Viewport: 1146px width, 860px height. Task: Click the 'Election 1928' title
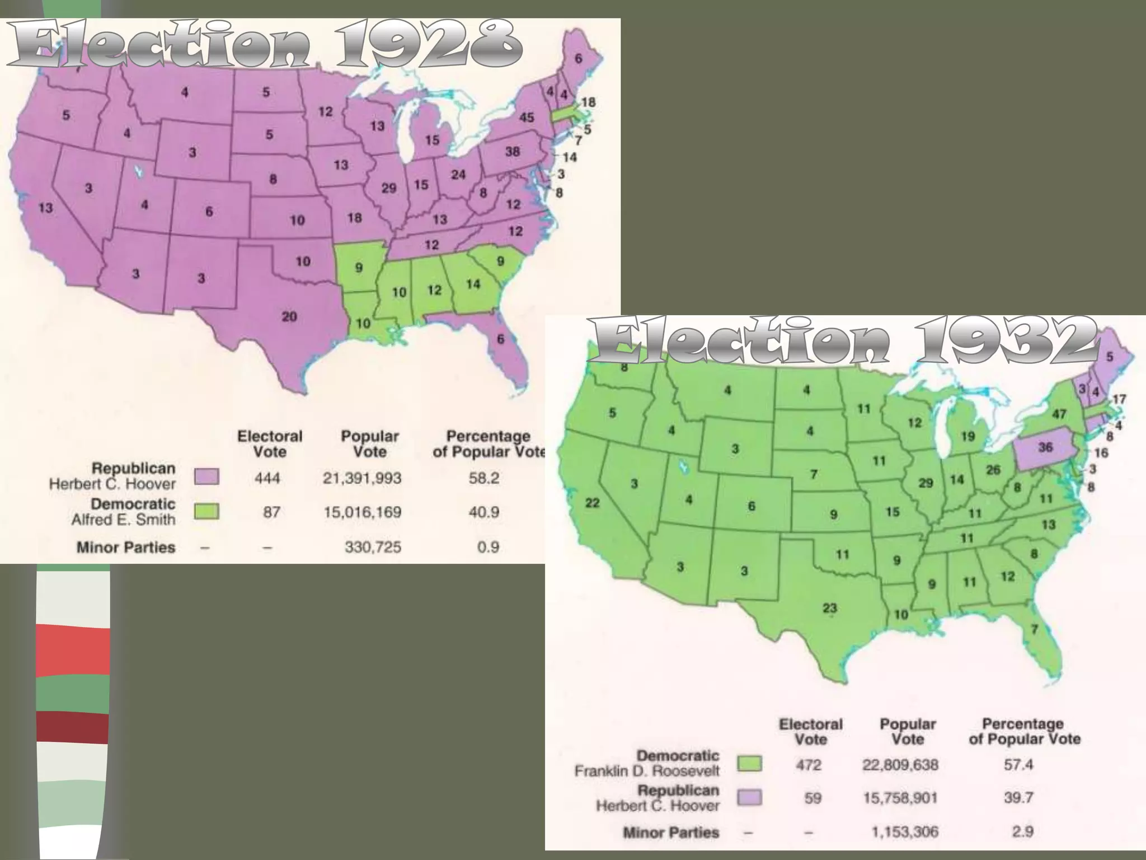pos(263,46)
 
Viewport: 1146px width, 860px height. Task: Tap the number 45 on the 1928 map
pos(527,118)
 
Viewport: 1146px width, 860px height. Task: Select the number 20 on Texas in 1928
pos(289,317)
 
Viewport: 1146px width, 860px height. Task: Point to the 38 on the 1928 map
pos(512,152)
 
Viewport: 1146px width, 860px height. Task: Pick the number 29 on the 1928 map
pos(389,188)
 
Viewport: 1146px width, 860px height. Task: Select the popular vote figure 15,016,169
pos(362,512)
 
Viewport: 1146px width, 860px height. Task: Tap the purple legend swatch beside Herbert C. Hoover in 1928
pos(207,477)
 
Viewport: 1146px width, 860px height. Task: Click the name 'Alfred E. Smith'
pos(123,520)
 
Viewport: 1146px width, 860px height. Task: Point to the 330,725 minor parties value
pos(373,547)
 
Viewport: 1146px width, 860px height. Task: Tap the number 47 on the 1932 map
pos(1059,414)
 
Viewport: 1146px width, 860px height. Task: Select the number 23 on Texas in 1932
pos(830,609)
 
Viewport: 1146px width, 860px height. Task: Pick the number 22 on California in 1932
pos(592,503)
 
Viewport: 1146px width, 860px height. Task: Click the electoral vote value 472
pos(809,765)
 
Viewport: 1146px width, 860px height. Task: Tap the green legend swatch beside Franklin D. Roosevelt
pos(749,764)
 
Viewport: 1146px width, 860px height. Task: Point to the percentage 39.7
pos(1018,798)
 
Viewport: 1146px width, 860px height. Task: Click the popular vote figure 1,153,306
pos(904,833)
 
